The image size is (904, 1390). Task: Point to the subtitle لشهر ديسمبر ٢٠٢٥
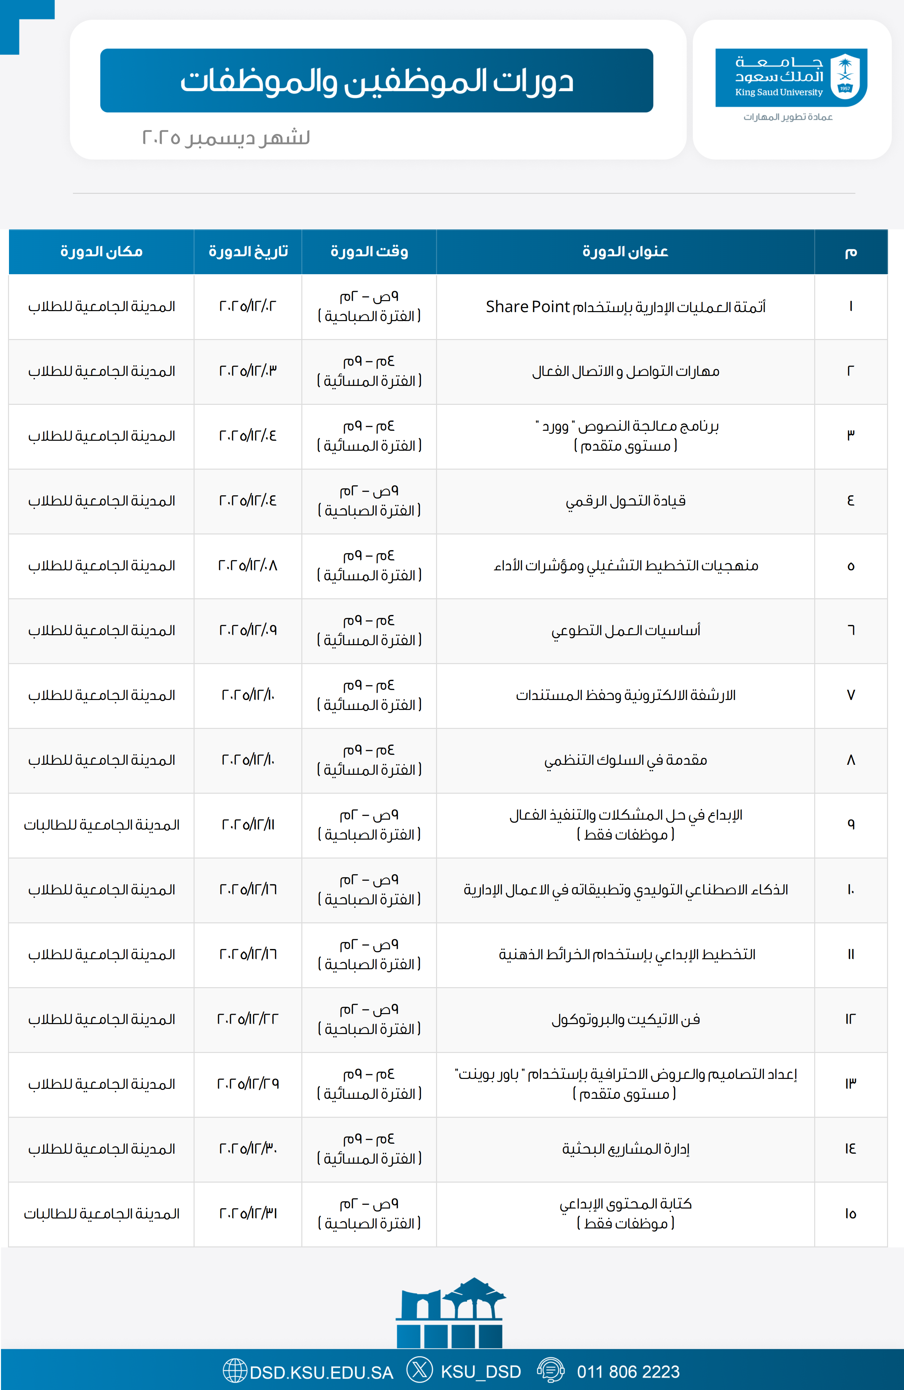click(226, 138)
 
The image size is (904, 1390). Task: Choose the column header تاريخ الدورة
click(248, 252)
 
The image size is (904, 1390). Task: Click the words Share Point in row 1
click(527, 306)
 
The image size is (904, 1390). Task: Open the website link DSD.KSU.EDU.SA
click(321, 1372)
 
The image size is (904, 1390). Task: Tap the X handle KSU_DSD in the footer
click(480, 1372)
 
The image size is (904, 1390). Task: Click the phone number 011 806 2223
click(628, 1372)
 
